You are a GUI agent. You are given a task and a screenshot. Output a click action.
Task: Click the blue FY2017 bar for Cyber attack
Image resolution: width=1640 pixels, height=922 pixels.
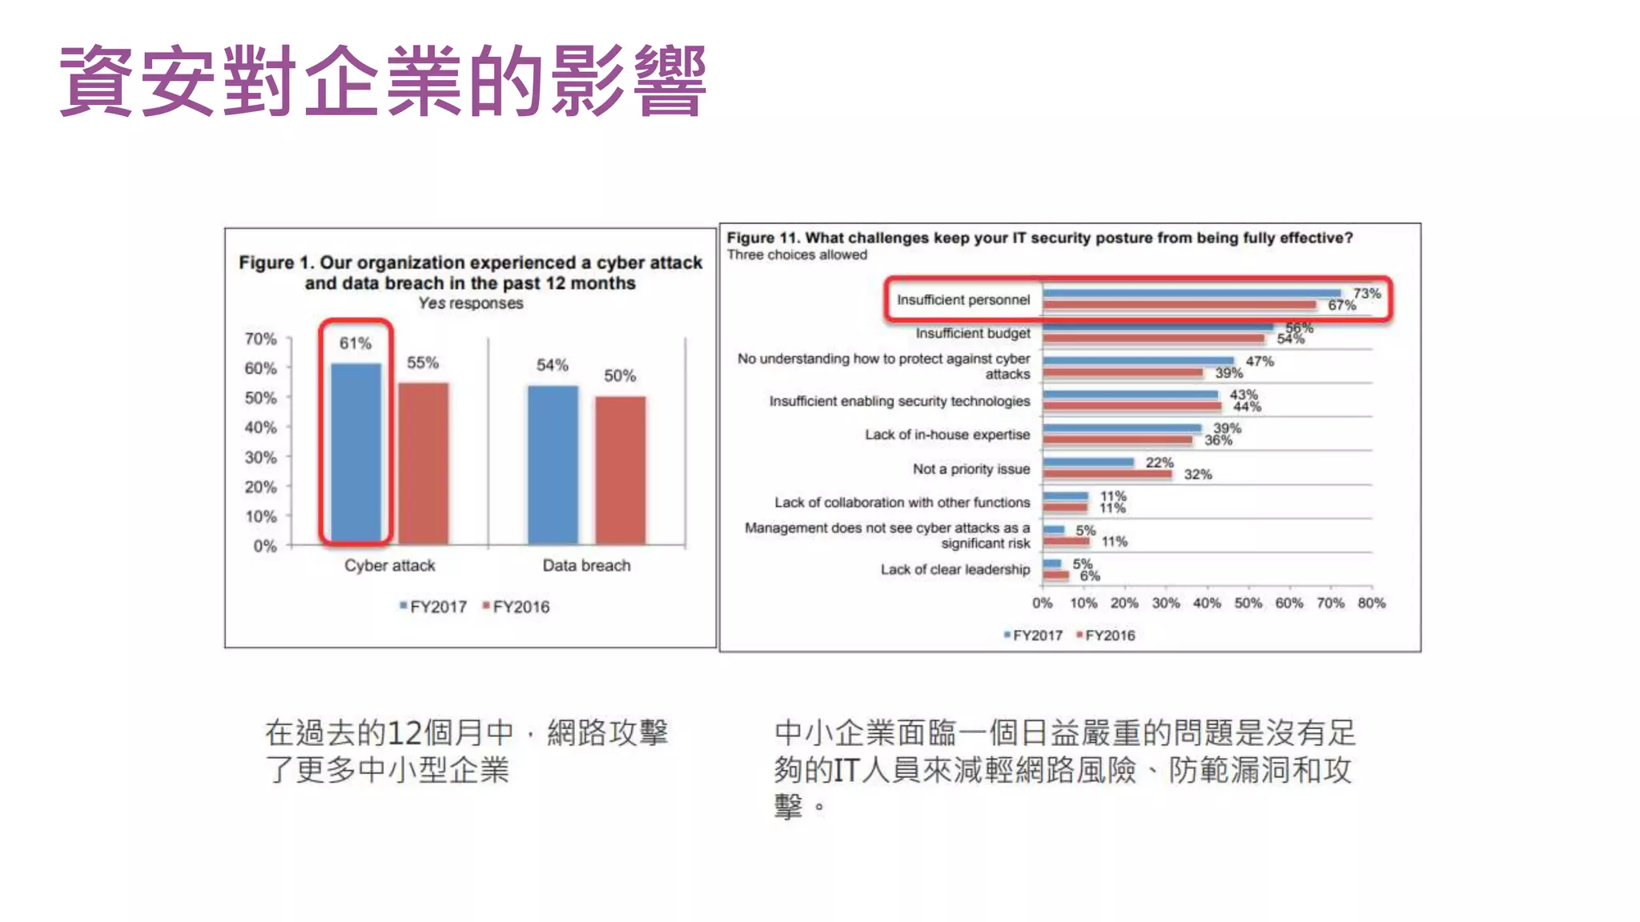click(356, 453)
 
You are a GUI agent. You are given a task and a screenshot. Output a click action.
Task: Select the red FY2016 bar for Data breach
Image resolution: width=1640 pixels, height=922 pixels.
click(620, 470)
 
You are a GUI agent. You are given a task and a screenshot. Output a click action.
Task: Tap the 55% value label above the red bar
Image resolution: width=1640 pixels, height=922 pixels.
click(423, 363)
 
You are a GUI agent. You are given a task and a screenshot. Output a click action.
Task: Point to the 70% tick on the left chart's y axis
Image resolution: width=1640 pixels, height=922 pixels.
click(260, 339)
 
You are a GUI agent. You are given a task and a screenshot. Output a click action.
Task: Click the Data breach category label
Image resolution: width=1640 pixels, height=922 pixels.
click(586, 565)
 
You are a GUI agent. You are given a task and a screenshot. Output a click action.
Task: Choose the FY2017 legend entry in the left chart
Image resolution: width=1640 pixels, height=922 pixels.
click(433, 607)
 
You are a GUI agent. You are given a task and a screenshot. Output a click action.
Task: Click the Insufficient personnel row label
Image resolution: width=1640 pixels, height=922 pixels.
click(963, 299)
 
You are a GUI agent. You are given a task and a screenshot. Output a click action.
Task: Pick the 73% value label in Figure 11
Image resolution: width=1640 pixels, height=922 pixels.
click(1366, 293)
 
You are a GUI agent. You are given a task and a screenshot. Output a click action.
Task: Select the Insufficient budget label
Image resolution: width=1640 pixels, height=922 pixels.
click(972, 333)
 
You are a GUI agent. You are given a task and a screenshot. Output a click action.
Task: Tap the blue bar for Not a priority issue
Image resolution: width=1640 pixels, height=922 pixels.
click(1088, 462)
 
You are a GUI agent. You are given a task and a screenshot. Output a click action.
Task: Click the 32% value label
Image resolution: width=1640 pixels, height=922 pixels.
click(1197, 474)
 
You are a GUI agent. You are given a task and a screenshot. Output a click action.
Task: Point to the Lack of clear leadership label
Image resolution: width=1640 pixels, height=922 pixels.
click(955, 569)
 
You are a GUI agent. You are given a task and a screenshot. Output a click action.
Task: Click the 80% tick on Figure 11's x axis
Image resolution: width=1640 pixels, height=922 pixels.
click(1371, 603)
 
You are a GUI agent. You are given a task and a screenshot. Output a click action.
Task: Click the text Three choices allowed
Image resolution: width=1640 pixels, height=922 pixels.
click(797, 255)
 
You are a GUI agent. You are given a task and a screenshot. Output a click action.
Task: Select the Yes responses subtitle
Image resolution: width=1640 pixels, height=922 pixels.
click(470, 303)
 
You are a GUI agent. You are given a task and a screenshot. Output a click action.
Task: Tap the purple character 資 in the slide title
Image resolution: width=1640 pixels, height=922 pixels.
click(96, 81)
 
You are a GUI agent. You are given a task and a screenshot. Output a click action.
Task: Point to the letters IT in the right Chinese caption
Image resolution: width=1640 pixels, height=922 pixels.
click(846, 770)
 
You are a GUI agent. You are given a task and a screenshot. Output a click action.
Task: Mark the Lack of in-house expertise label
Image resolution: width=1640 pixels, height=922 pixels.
click(947, 435)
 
